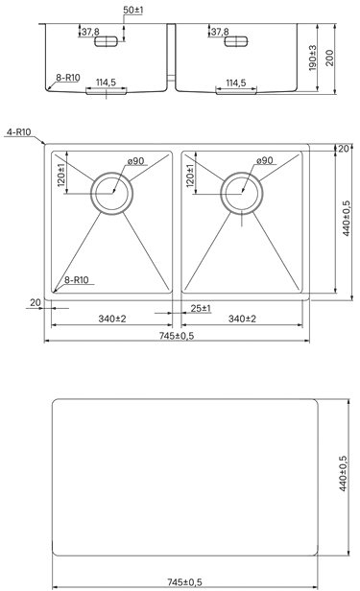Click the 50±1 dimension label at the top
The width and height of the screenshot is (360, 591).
point(133,11)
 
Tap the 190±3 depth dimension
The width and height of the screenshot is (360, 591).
point(313,58)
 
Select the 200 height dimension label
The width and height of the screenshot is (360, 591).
point(329,58)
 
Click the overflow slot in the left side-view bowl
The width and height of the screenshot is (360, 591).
point(106,41)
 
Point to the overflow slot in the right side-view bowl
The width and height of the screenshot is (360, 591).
point(236,41)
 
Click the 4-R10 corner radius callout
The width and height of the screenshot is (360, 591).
point(19,132)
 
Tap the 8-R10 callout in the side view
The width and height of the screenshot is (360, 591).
point(68,78)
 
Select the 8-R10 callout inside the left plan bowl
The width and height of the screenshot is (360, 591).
point(77,280)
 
